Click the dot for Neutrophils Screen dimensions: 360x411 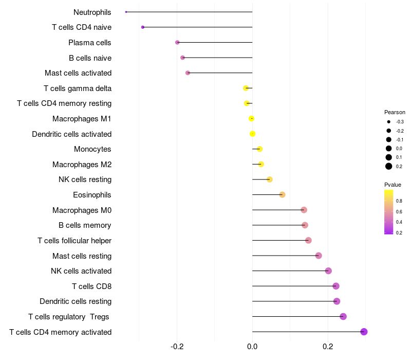tap(126, 12)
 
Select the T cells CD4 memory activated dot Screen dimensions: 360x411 tap(364, 332)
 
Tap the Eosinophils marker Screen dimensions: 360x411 tap(282, 195)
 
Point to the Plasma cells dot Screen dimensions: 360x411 tap(177, 42)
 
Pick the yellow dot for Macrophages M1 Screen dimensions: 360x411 tap(251, 119)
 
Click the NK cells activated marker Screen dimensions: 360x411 tap(328, 271)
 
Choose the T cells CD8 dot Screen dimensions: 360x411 tap(336, 286)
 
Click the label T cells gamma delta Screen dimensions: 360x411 tap(78, 88)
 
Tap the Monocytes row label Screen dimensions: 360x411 tap(92, 149)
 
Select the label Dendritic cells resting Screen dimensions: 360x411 tap(76, 301)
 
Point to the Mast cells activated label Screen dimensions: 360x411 tap(78, 73)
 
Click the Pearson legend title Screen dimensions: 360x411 tap(395, 112)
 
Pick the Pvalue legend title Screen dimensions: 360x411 tap(393, 185)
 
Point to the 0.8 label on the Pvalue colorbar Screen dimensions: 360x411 tap(399, 201)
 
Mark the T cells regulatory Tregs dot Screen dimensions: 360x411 tap(343, 317)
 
